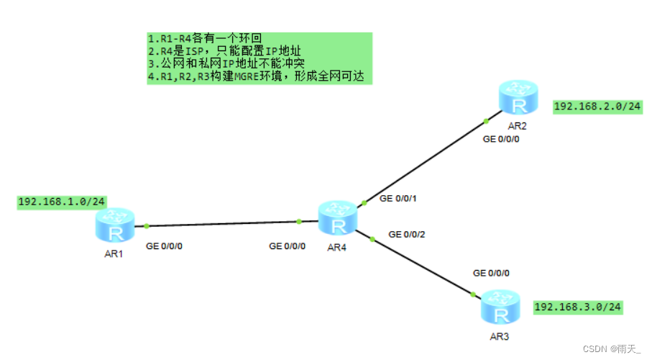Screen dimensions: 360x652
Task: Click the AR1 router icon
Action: (x=114, y=227)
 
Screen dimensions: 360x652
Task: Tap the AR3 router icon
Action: (x=501, y=308)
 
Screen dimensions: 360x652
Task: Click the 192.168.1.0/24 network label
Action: (x=62, y=202)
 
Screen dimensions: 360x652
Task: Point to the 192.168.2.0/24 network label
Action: (x=598, y=107)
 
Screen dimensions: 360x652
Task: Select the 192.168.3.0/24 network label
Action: (x=578, y=307)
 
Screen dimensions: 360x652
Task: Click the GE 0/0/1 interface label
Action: (x=398, y=198)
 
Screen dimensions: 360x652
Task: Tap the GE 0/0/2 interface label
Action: (x=406, y=235)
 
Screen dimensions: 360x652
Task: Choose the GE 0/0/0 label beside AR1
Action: (x=165, y=246)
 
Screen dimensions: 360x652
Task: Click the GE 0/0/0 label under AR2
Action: (x=502, y=139)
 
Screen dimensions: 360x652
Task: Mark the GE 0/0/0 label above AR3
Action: (x=491, y=274)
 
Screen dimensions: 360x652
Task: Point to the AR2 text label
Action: (x=518, y=125)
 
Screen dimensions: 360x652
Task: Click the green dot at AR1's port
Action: (x=147, y=225)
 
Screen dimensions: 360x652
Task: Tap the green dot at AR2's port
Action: (x=487, y=120)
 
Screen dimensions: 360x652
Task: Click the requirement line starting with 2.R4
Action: (x=224, y=51)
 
